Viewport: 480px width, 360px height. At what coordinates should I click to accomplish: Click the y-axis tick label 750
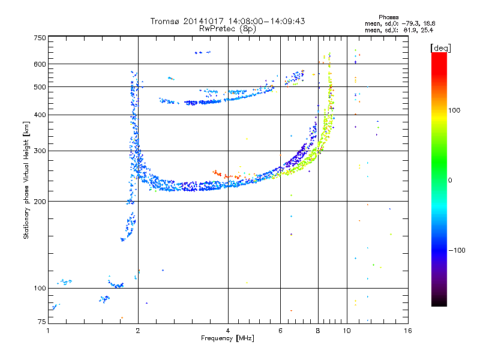40,38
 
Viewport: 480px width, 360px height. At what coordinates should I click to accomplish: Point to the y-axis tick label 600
40,64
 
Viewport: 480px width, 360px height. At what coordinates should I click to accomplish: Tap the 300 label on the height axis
40,151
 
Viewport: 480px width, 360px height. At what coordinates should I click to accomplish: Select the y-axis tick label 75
41,322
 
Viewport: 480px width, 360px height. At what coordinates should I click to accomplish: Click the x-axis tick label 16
407,331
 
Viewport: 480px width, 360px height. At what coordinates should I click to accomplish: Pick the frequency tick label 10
347,331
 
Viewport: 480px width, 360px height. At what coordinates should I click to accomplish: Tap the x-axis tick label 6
280,331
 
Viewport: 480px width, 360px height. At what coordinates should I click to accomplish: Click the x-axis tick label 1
48,331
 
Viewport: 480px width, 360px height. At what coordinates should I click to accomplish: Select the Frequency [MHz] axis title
227,338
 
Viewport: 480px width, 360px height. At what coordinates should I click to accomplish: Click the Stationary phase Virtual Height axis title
26,181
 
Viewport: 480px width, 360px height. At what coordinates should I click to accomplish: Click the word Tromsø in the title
165,21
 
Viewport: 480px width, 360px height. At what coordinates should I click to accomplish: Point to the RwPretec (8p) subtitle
227,28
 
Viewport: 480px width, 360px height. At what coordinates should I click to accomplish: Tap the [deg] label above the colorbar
440,49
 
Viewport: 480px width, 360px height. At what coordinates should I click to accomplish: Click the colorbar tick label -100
457,250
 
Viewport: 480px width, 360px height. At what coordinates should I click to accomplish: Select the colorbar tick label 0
450,180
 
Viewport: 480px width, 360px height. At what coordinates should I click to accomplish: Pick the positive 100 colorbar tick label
454,110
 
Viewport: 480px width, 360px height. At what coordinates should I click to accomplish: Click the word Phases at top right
388,17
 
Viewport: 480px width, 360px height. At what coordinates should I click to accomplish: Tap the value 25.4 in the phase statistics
427,30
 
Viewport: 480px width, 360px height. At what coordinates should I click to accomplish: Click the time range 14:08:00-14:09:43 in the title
266,21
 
